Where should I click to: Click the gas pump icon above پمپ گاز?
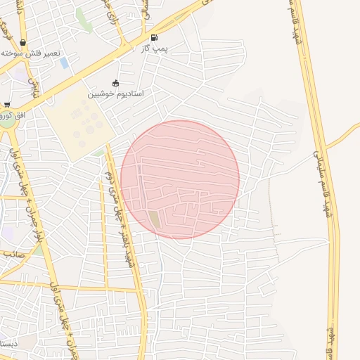click(154, 37)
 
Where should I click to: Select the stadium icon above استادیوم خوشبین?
click(115, 83)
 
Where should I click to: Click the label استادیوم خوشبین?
click(115, 94)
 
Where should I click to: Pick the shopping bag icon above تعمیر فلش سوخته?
click(23, 43)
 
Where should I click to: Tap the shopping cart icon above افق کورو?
click(6, 104)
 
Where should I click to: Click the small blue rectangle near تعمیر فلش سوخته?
click(64, 63)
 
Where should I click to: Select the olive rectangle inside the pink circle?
click(154, 219)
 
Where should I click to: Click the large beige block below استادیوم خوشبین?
click(79, 126)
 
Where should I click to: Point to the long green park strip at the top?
click(84, 20)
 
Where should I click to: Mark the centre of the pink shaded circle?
click(180, 179)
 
